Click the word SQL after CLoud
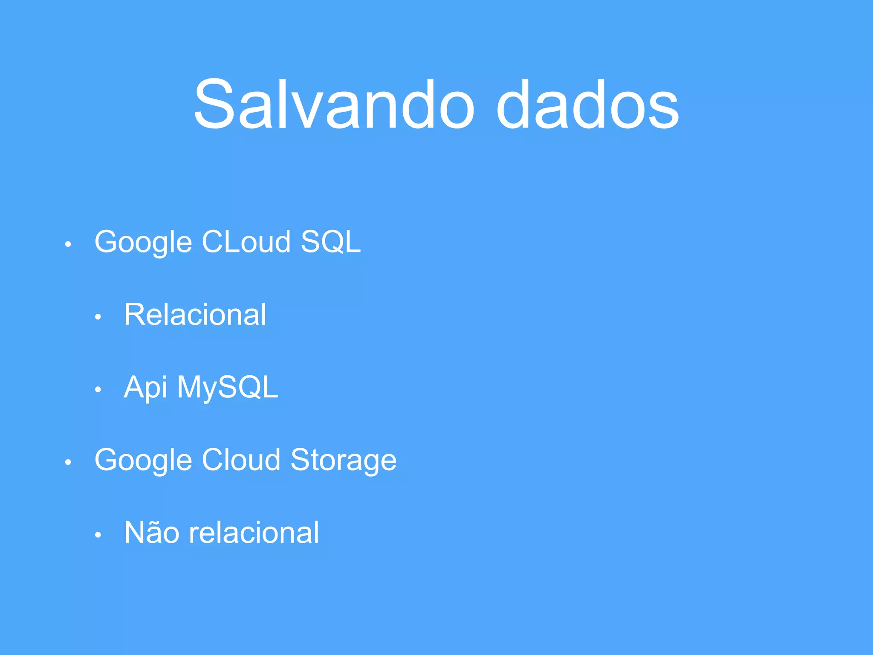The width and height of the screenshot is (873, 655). click(331, 242)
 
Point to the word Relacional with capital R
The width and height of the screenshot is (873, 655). click(195, 315)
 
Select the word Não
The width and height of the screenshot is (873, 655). click(151, 532)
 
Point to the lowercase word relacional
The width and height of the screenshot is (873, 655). click(254, 532)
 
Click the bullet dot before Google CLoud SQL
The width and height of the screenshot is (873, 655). click(68, 244)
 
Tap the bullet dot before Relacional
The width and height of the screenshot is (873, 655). click(98, 317)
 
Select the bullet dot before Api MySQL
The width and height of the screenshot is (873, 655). click(98, 389)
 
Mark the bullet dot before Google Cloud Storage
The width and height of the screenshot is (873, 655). click(68, 462)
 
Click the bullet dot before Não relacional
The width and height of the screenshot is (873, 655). click(98, 535)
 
